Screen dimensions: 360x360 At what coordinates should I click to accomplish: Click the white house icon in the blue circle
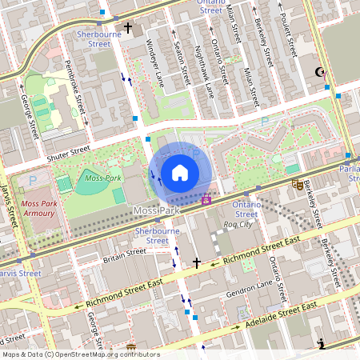click(180, 172)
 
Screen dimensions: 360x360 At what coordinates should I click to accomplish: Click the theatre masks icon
click(298, 184)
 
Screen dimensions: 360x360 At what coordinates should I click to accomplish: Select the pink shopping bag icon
click(207, 198)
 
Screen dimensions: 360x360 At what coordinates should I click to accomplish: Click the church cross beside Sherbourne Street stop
click(128, 27)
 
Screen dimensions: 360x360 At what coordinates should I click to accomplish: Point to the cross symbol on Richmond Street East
click(197, 262)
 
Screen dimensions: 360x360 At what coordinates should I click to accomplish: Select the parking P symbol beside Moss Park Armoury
click(33, 181)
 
